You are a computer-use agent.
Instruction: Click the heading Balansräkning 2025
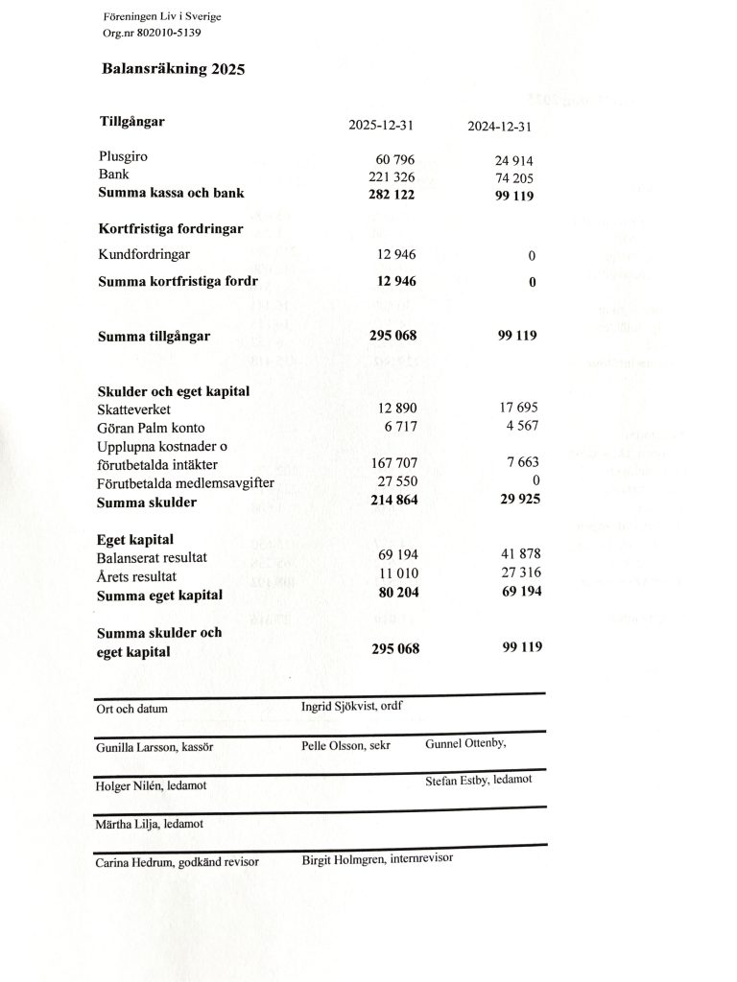(x=174, y=69)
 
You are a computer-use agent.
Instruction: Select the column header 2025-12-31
(x=381, y=126)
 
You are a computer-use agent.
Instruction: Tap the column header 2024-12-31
(x=499, y=127)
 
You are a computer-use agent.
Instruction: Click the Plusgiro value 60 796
(x=392, y=159)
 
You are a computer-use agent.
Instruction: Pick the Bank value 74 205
(x=513, y=178)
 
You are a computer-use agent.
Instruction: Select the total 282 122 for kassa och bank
(x=392, y=195)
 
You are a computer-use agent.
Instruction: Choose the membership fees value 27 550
(x=396, y=482)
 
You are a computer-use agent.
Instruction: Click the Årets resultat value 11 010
(x=397, y=575)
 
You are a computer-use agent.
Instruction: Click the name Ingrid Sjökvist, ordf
(x=351, y=707)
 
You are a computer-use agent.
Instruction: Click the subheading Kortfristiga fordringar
(x=171, y=229)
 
